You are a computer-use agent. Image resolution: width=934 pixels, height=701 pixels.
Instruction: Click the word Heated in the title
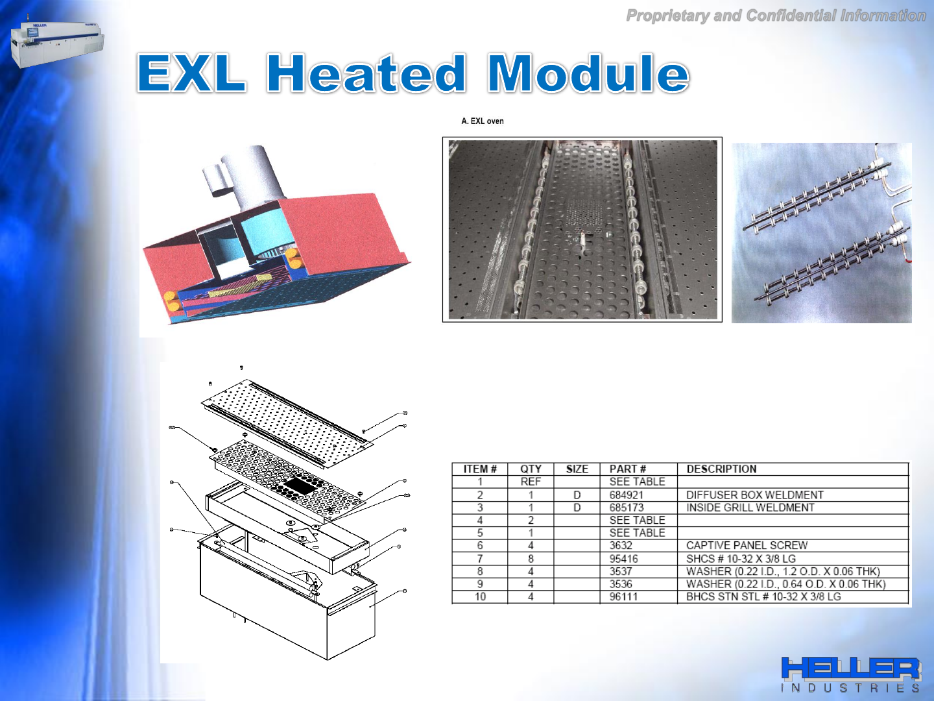[366, 73]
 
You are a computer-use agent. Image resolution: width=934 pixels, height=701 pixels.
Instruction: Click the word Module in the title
[588, 73]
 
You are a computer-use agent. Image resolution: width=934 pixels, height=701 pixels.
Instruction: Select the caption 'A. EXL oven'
[483, 121]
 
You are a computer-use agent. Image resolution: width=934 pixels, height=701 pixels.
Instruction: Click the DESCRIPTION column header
[722, 469]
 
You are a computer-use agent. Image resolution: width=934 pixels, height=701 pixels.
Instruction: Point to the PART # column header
[628, 469]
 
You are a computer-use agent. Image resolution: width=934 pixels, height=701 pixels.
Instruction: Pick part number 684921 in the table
[627, 495]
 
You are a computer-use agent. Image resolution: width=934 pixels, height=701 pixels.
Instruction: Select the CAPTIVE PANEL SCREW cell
[747, 546]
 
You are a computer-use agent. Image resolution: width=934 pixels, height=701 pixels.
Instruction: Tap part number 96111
[623, 596]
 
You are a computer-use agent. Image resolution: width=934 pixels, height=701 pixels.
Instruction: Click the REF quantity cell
[531, 482]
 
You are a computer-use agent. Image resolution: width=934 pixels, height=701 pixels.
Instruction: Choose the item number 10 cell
[480, 596]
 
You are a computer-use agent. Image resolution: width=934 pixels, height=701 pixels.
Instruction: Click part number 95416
[623, 558]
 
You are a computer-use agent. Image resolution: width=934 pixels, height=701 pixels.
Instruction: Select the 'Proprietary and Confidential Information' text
[776, 16]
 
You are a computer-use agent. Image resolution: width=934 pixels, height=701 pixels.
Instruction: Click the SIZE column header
[577, 469]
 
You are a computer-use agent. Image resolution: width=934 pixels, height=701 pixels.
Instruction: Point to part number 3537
[621, 571]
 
